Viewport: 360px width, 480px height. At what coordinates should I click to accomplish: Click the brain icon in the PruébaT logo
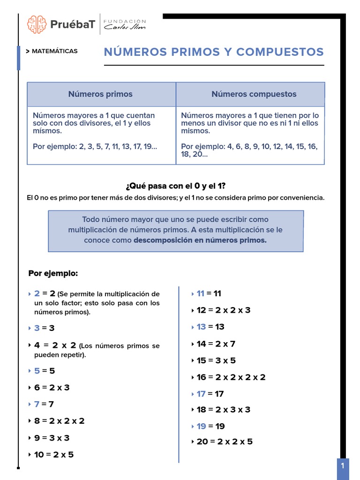click(37, 24)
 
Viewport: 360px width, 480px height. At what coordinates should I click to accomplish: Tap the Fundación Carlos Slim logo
click(124, 24)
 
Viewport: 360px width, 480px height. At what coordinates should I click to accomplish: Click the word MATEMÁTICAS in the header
click(54, 51)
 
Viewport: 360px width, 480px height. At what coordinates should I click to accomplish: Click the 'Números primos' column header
click(100, 94)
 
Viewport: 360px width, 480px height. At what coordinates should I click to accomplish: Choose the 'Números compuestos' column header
click(254, 94)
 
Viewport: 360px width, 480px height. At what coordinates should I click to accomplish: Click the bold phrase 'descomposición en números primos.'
click(200, 240)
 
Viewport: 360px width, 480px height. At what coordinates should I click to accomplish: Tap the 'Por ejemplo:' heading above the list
click(53, 273)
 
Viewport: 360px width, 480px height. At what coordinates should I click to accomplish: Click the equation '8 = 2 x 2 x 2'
click(59, 421)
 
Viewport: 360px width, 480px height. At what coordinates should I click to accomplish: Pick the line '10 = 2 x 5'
click(54, 454)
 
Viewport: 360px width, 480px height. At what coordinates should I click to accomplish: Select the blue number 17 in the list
click(201, 394)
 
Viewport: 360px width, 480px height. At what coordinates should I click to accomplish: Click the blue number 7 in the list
click(37, 404)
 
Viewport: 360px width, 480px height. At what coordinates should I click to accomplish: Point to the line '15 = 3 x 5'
click(216, 360)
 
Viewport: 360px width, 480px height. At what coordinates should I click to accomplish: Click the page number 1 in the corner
click(343, 466)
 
